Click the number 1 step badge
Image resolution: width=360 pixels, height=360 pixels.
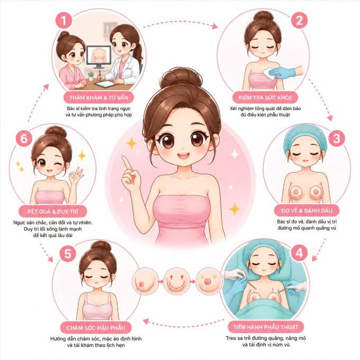pyautogui.click(x=64, y=21)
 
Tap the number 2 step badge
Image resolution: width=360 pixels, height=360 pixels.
pyautogui.click(x=299, y=20)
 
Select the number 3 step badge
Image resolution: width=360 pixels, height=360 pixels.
pyautogui.click(x=336, y=139)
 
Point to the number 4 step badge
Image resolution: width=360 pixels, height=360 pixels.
pyautogui.click(x=299, y=253)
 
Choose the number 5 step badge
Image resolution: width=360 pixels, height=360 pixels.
pyautogui.click(x=68, y=254)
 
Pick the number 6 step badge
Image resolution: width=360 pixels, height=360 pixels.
pyautogui.click(x=24, y=139)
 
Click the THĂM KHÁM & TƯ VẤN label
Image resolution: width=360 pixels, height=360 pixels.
pyautogui.click(x=98, y=97)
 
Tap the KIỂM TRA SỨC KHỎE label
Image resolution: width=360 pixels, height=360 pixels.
pyautogui.click(x=265, y=97)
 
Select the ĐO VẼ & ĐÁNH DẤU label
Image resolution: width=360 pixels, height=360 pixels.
pyautogui.click(x=307, y=211)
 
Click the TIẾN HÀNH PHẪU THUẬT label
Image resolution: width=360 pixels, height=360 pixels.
pyautogui.click(x=266, y=327)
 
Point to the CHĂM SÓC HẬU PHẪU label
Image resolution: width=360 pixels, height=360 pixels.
pyautogui.click(x=96, y=327)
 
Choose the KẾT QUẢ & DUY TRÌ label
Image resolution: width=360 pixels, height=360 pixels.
pyautogui.click(x=52, y=211)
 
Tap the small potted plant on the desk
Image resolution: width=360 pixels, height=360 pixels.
pyautogui.click(x=91, y=76)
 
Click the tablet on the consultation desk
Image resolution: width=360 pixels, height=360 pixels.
pyautogui.click(x=104, y=84)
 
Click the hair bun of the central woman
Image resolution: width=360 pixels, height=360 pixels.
pyautogui.click(x=181, y=78)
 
